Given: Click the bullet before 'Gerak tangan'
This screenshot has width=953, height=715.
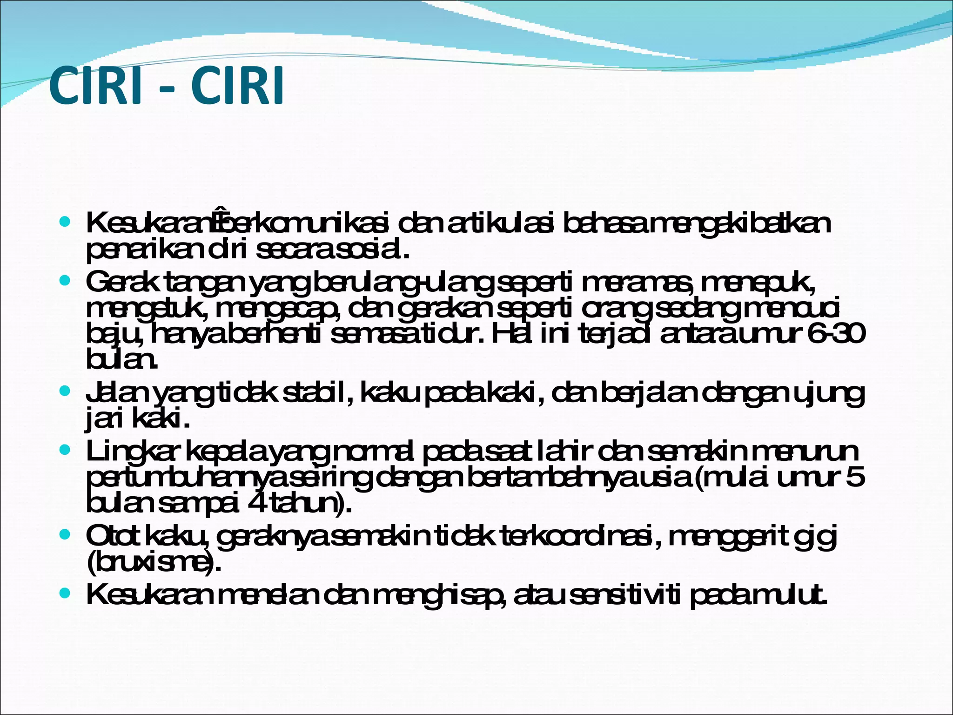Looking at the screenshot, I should [65, 281].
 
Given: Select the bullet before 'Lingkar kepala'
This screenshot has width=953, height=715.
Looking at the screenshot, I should [65, 450].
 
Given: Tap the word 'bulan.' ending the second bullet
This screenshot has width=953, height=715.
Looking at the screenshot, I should [121, 359].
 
